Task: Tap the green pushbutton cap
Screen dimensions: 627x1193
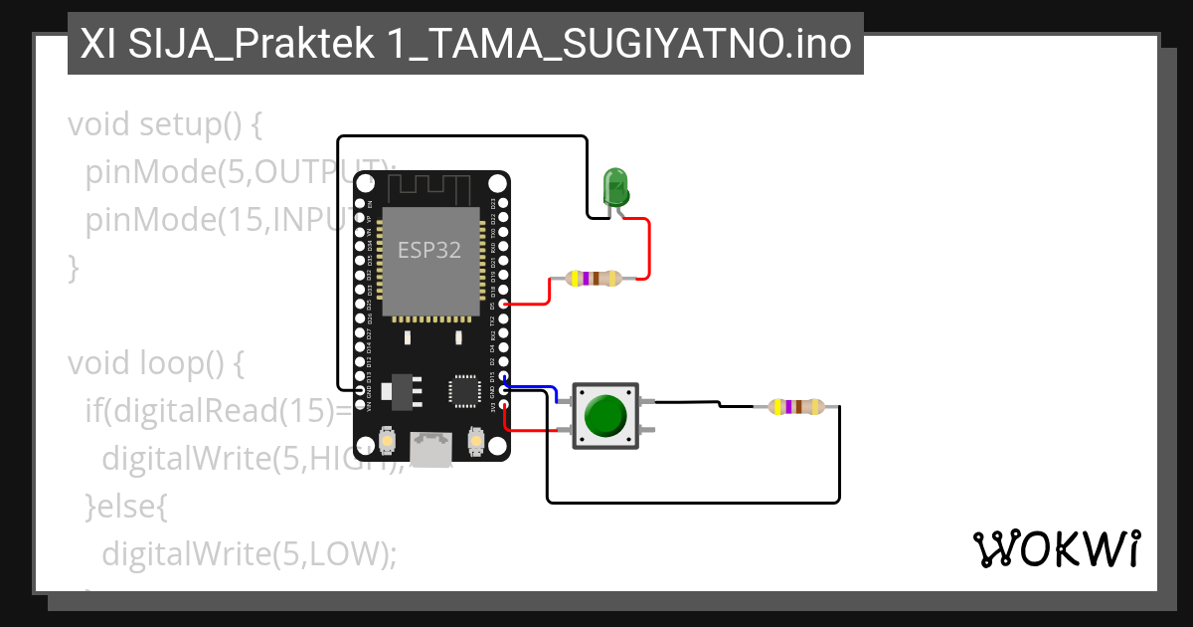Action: click(605, 416)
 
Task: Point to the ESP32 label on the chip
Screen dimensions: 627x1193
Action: click(429, 250)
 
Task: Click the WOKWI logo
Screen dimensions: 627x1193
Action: click(1056, 548)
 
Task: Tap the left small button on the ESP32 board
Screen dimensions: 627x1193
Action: click(388, 439)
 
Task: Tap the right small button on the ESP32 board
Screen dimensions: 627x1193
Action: click(474, 439)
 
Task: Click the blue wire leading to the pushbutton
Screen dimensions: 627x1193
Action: click(532, 386)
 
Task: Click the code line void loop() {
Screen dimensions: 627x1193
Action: click(155, 363)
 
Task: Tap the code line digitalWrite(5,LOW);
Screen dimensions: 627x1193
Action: click(249, 553)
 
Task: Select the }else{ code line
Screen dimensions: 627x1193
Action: click(126, 507)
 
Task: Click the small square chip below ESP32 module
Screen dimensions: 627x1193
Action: click(464, 390)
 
